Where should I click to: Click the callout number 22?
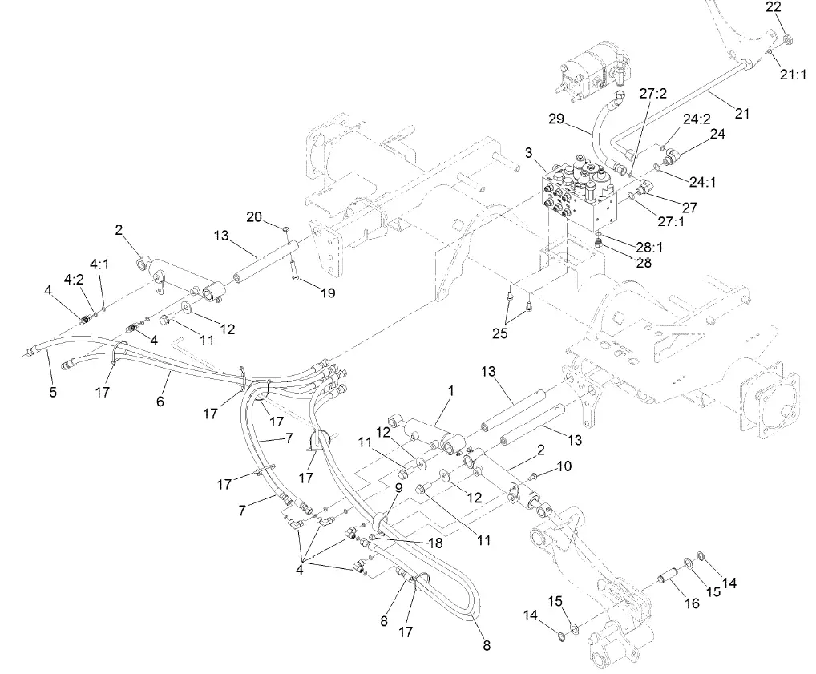pyautogui.click(x=773, y=7)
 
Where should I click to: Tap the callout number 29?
pyautogui.click(x=558, y=119)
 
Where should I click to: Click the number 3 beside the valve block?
pyautogui.click(x=529, y=152)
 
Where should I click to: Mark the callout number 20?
pyautogui.click(x=254, y=216)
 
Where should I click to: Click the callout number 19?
pyautogui.click(x=327, y=293)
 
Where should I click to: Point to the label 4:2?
pyautogui.click(x=74, y=280)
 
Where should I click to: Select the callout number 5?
pyautogui.click(x=53, y=393)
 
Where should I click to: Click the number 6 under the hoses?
pyautogui.click(x=160, y=402)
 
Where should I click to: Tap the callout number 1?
pyautogui.click(x=451, y=390)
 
